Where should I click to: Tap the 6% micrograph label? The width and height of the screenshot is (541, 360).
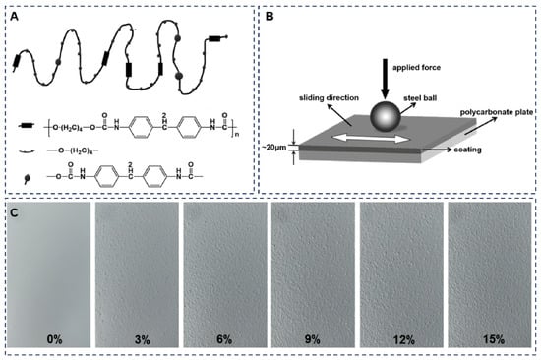point(224,339)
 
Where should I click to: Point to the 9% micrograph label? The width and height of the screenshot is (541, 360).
point(313,339)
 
